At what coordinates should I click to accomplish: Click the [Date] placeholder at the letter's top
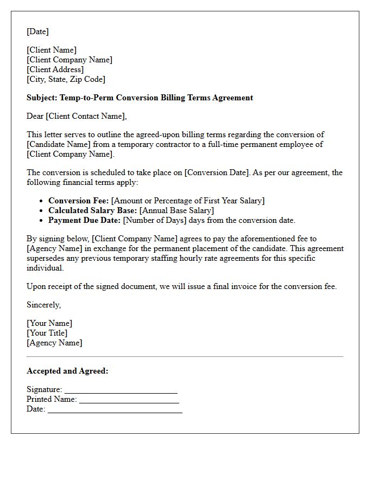pyautogui.click(x=37, y=31)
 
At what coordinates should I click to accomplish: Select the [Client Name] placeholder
pyautogui.click(x=52, y=50)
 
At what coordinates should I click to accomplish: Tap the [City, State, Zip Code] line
pyautogui.click(x=66, y=79)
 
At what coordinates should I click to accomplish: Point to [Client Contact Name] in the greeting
pyautogui.click(x=87, y=116)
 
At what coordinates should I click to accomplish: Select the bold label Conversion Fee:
pyautogui.click(x=79, y=201)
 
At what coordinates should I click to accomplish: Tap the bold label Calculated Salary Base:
pyautogui.click(x=93, y=210)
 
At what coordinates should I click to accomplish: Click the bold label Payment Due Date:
pyautogui.click(x=85, y=220)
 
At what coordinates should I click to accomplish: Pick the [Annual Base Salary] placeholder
pyautogui.click(x=177, y=210)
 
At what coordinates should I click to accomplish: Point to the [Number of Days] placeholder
pyautogui.click(x=155, y=220)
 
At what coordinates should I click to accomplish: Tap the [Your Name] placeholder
pyautogui.click(x=49, y=323)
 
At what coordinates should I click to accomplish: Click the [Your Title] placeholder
pyautogui.click(x=47, y=333)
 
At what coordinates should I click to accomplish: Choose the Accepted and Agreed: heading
pyautogui.click(x=67, y=371)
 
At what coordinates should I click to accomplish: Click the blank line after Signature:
pyautogui.click(x=121, y=390)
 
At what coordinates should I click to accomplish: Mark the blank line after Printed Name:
pyautogui.click(x=129, y=400)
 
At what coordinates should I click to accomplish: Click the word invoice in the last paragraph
pyautogui.click(x=242, y=286)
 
